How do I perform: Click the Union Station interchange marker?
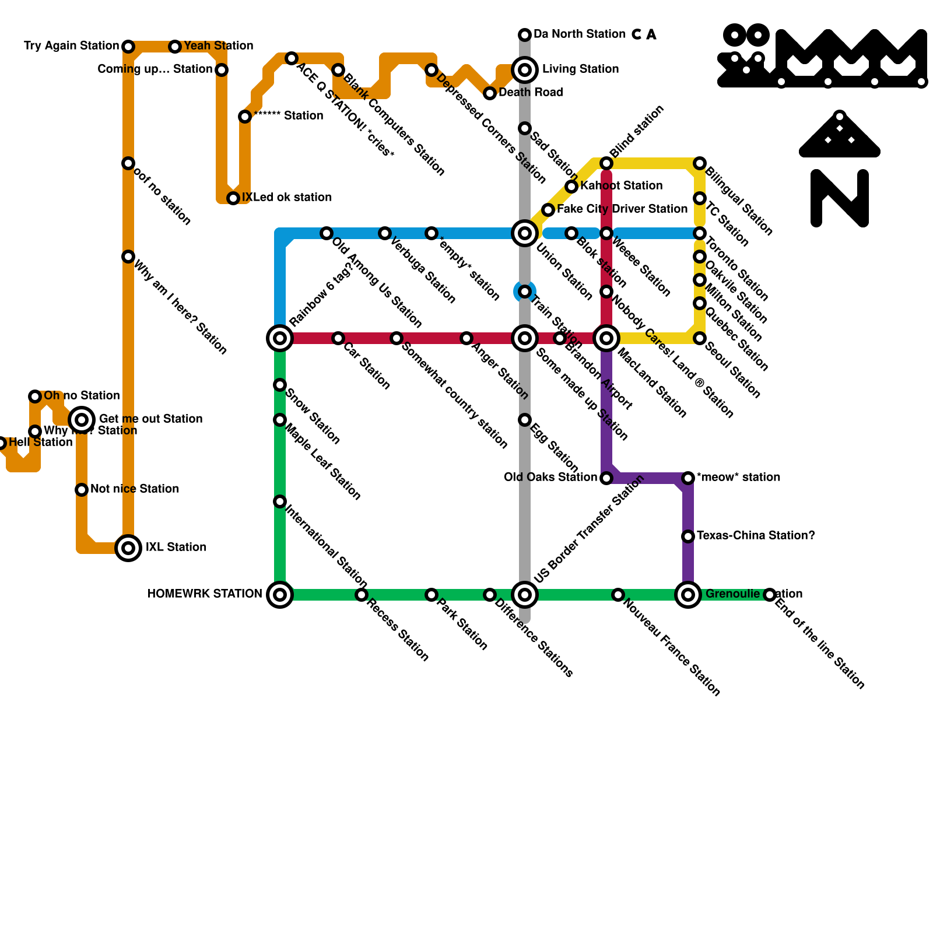(525, 233)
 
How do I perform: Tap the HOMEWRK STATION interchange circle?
(280, 595)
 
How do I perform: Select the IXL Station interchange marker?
(128, 548)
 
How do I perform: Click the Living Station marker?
(525, 70)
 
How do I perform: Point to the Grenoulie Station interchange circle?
(688, 595)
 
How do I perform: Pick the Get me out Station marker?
(82, 419)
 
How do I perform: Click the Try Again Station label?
(71, 46)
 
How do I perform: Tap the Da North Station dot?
(525, 35)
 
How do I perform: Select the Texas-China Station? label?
(756, 535)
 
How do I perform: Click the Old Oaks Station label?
(550, 478)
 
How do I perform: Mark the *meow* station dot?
(688, 478)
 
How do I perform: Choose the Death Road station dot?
(490, 93)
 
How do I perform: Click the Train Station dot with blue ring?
(525, 292)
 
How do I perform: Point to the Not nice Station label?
(135, 489)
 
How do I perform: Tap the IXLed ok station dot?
(233, 198)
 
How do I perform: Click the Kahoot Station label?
(622, 185)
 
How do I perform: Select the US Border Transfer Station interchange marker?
(525, 595)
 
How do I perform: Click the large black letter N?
(840, 198)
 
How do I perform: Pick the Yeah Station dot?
(175, 47)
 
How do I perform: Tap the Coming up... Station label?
(155, 69)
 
